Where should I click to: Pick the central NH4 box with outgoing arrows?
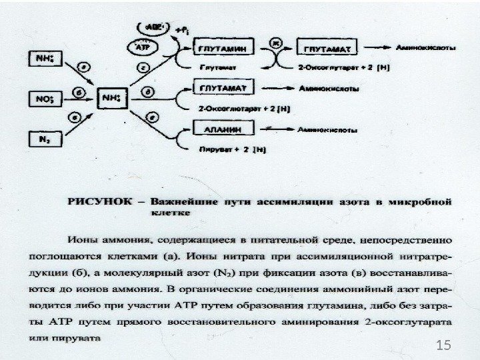pos(112,99)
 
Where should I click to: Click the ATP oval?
pos(141,47)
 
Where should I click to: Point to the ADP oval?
pos(151,29)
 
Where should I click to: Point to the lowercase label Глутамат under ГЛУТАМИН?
pos(217,67)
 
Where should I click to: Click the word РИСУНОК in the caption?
pos(99,199)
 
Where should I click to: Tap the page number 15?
pos(441,345)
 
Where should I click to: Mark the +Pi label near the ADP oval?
pos(180,31)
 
